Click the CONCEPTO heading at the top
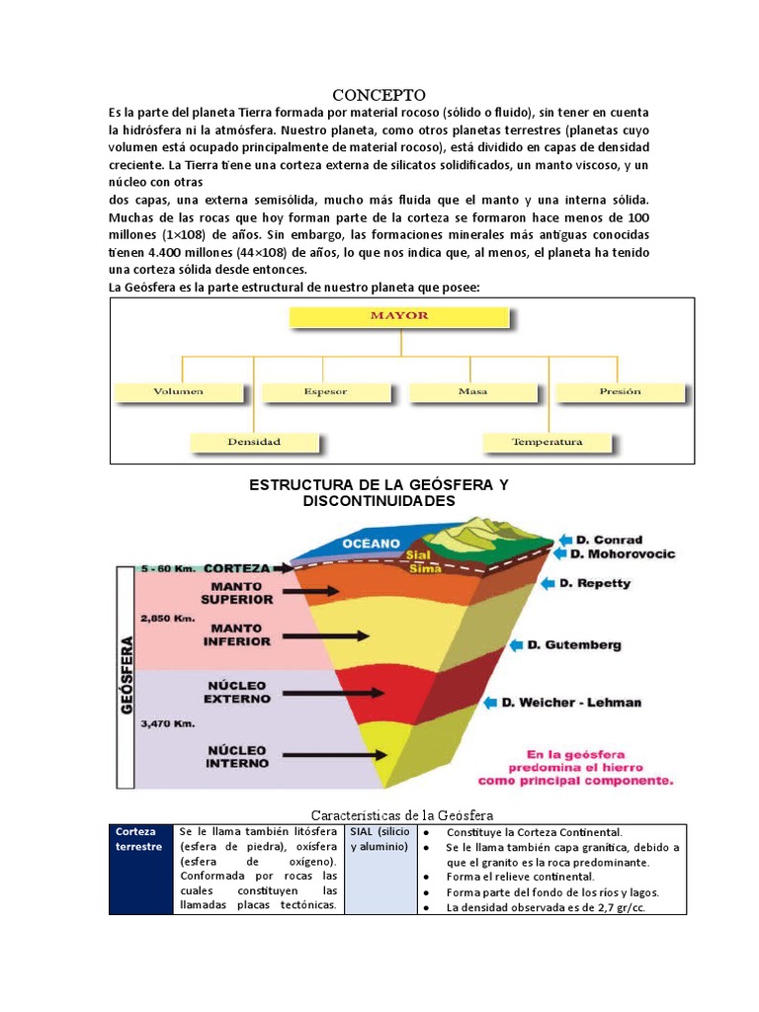tap(378, 95)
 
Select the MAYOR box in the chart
tap(399, 316)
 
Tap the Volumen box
tap(178, 391)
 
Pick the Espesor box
tap(325, 391)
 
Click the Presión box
tap(620, 391)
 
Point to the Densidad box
tap(254, 442)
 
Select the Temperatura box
tap(547, 442)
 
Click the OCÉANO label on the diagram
tap(371, 543)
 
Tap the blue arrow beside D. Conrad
tap(563, 540)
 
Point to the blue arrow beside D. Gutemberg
tap(515, 645)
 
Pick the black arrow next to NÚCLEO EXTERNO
tap(311, 690)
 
